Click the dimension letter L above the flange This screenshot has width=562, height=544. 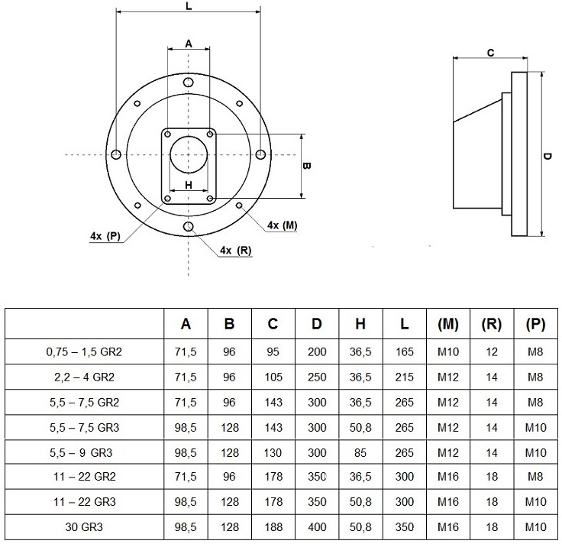click(189, 6)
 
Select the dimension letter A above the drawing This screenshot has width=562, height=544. click(189, 44)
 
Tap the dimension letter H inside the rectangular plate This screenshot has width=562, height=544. click(189, 185)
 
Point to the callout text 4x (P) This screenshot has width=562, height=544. click(105, 236)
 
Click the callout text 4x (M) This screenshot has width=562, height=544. click(282, 225)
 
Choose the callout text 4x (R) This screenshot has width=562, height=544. click(235, 251)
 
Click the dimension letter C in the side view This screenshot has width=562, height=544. click(491, 53)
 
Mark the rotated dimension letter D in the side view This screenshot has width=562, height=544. click(547, 156)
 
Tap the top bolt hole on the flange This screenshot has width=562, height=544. click(188, 83)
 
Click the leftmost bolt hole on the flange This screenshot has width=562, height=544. click(116, 155)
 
